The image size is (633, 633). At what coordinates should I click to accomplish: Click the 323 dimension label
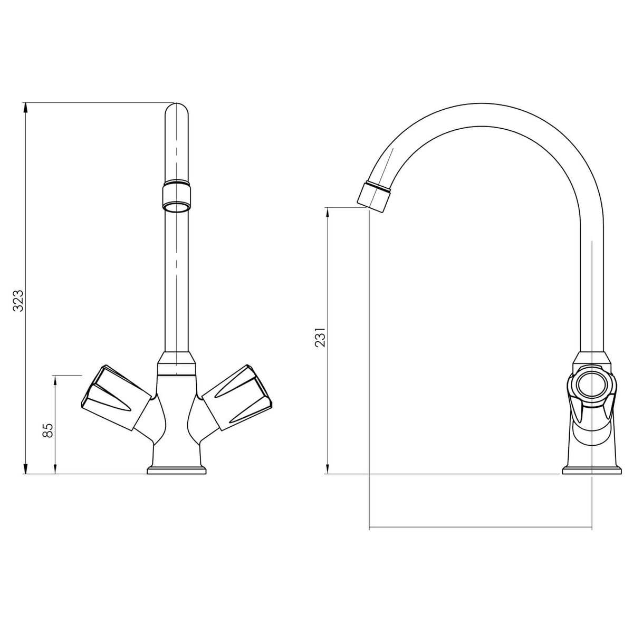[x=18, y=301]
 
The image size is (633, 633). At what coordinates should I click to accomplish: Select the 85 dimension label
[x=47, y=430]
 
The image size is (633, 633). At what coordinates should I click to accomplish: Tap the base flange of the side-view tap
[x=590, y=469]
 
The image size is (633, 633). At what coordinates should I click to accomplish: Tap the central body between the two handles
[x=177, y=417]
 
